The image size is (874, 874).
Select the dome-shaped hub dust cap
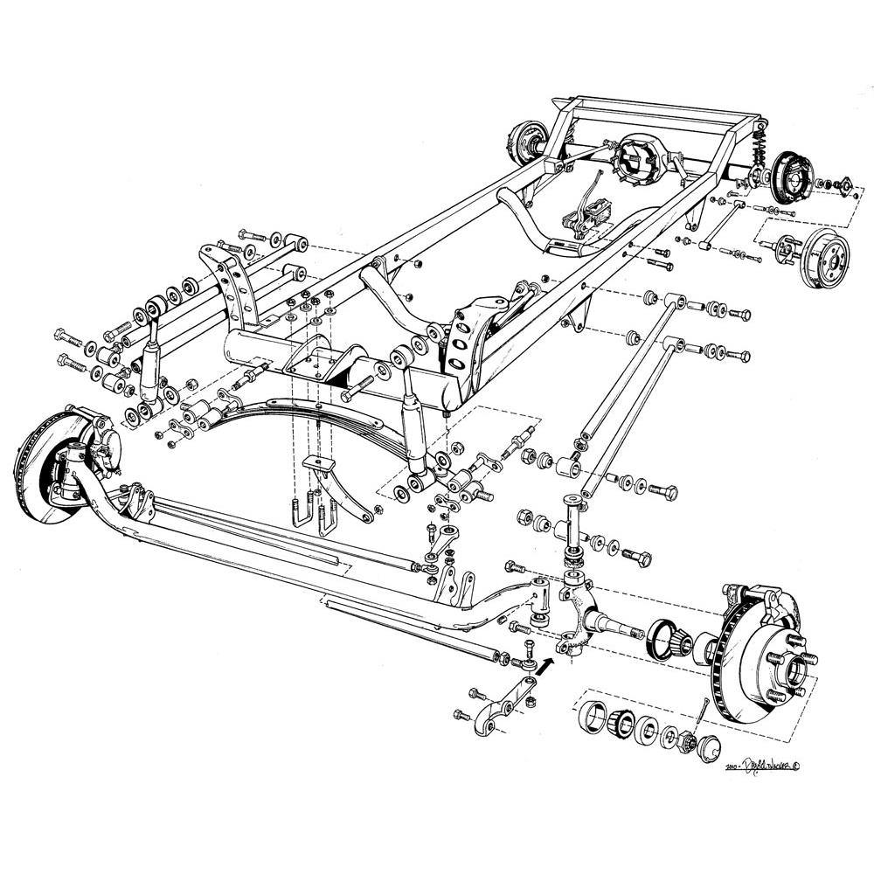(x=707, y=748)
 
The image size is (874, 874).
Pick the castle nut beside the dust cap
(x=684, y=743)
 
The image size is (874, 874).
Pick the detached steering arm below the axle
(x=494, y=710)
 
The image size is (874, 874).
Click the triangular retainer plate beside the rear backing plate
(x=843, y=184)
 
